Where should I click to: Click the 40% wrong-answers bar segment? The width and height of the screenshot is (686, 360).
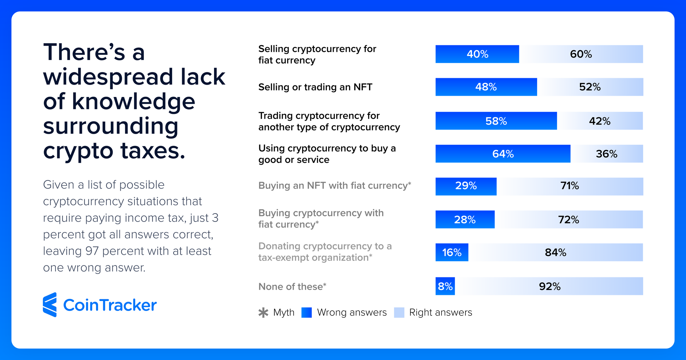point(477,54)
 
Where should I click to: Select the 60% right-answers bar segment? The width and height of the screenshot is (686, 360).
point(581,54)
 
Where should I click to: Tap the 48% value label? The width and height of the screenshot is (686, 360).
point(486,87)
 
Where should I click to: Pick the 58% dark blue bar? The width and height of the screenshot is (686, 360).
point(496,121)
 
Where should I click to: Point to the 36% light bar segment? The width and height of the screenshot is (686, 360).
point(606,154)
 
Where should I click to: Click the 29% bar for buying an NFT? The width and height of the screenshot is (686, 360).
point(466,186)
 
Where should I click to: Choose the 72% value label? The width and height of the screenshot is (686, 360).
point(568,220)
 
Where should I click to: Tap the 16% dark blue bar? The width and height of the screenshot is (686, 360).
point(452,253)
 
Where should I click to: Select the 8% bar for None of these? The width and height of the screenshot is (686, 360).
point(445,286)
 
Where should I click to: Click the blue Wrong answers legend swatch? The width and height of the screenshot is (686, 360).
point(307,313)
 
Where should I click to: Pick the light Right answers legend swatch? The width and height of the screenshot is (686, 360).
point(399,313)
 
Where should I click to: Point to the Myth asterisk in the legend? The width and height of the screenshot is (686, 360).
point(263,313)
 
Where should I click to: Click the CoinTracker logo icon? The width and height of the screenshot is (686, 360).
point(50,305)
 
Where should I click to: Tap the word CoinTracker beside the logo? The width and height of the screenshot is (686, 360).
point(110,305)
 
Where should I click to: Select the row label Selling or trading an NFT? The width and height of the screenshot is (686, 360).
point(315,87)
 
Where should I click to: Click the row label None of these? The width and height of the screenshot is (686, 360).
point(291,287)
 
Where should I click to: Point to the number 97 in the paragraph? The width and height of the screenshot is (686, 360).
point(92,251)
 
